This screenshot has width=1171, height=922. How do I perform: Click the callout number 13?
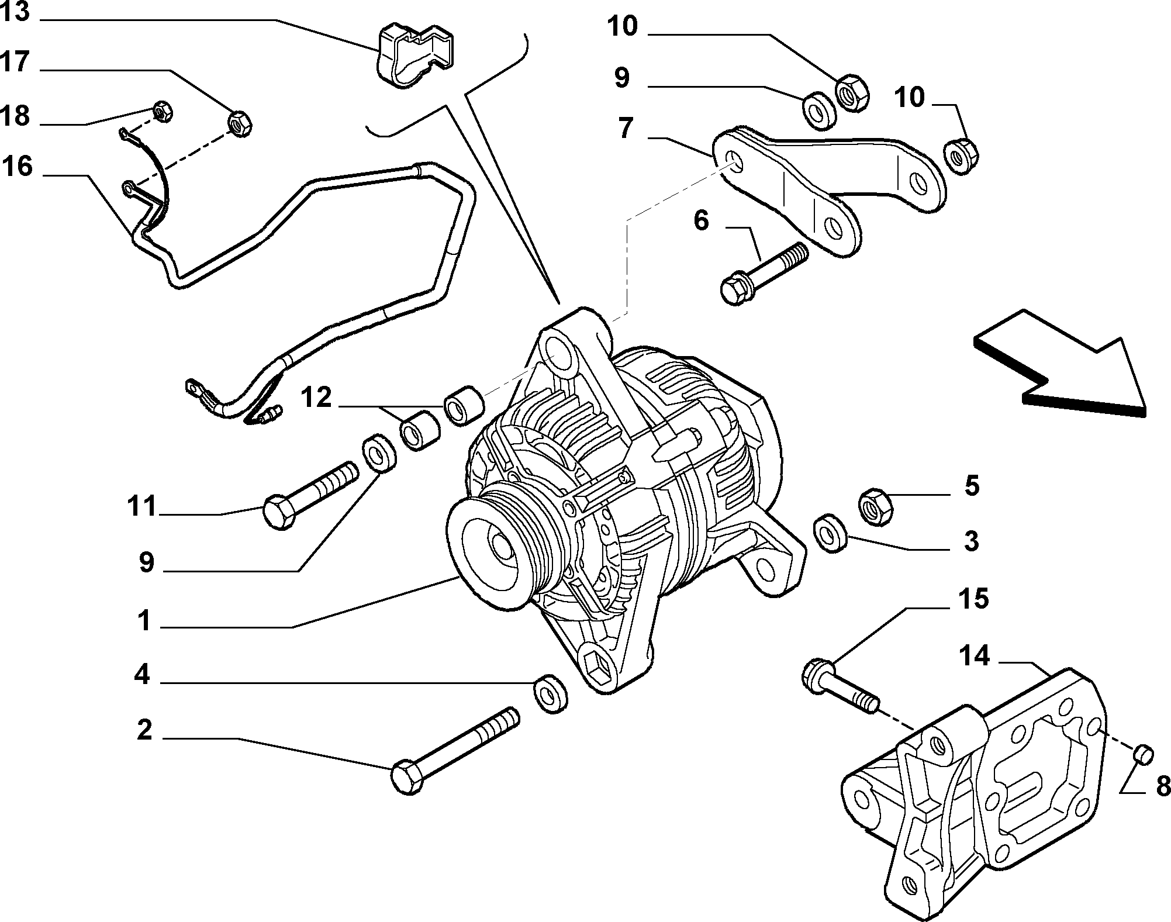[15, 12]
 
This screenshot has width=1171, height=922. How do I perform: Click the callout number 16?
[18, 166]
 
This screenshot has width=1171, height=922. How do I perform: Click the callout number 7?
[626, 128]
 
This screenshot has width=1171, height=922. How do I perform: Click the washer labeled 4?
[550, 694]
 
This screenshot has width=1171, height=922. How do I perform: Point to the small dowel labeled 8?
[1142, 755]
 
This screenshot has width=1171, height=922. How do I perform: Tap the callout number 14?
[974, 657]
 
